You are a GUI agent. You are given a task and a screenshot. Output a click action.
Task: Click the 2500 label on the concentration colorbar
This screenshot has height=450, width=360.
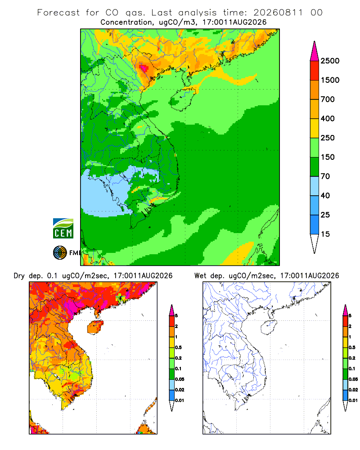tap(330, 61)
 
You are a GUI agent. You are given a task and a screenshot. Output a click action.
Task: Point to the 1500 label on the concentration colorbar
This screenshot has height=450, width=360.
tap(330, 80)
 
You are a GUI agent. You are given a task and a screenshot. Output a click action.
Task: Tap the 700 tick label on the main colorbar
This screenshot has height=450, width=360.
tap(328, 99)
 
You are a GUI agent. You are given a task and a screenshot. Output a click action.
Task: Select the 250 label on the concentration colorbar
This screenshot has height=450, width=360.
tap(328, 138)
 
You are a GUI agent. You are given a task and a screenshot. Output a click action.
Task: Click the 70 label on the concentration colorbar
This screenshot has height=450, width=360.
tap(325, 176)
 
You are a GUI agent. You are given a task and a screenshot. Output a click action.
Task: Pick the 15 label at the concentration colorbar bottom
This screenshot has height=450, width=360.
tap(325, 234)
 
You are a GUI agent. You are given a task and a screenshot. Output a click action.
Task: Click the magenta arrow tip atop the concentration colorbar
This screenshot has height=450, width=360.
tap(315, 41)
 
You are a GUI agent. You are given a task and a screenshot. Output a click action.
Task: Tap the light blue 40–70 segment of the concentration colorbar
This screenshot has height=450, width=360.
tap(315, 186)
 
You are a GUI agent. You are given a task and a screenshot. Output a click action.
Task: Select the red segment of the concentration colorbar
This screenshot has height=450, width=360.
tap(315, 71)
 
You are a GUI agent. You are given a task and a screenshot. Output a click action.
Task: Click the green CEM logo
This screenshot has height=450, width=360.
tap(63, 229)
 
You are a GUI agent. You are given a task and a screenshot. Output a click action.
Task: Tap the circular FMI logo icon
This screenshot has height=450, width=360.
tap(60, 253)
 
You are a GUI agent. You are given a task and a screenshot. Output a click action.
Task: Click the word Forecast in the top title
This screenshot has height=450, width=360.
tap(58, 13)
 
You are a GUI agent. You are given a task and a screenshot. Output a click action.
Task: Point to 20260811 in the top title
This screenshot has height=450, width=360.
tap(278, 13)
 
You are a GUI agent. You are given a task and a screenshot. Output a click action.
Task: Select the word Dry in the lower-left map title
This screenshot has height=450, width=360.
tap(19, 276)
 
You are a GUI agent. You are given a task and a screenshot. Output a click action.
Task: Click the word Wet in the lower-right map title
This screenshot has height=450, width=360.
tap(200, 276)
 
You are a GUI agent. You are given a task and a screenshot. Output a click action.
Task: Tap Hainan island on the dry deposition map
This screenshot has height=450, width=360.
tap(95, 328)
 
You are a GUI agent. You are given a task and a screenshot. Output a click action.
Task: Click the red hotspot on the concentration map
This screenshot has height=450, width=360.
tap(143, 68)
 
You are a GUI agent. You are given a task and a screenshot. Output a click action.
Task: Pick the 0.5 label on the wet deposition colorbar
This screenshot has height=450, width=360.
tap(352, 347)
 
